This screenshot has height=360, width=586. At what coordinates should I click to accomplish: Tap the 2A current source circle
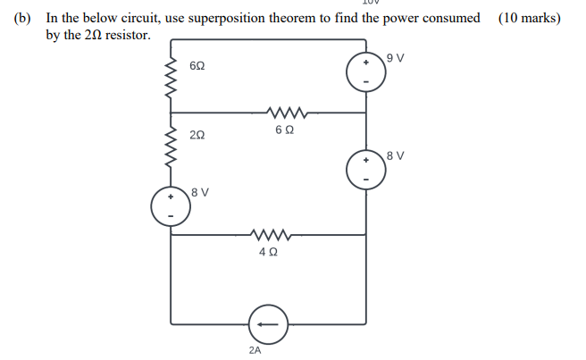269,322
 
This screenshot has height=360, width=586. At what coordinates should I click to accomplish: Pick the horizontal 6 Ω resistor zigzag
287,113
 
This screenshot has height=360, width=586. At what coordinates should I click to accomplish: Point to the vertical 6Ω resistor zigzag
170,76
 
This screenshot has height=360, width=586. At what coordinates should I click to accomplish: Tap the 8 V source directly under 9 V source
366,168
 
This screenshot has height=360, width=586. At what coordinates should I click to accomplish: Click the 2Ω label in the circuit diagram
198,135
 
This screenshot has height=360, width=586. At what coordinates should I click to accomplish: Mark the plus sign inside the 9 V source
366,63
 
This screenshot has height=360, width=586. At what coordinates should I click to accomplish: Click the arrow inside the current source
269,322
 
